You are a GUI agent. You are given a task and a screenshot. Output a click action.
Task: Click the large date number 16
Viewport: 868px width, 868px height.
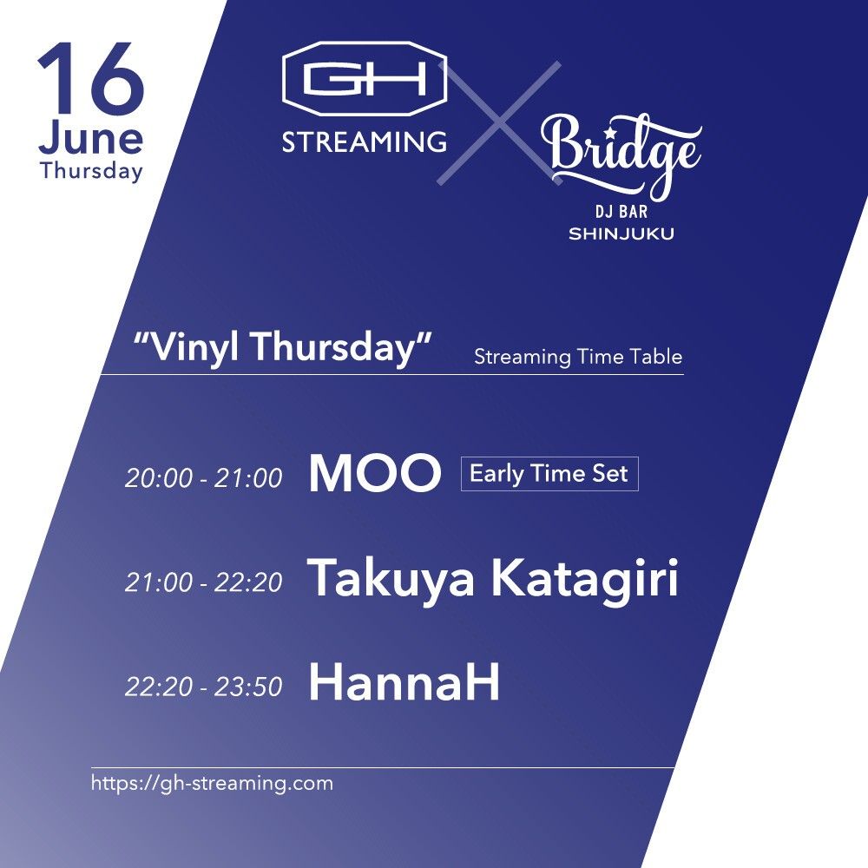[91, 77]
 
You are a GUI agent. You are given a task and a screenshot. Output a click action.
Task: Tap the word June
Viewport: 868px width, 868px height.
[91, 138]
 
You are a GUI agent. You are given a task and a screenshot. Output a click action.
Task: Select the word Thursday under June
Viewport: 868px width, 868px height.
[91, 170]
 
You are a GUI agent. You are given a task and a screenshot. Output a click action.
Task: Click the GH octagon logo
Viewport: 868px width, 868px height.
[365, 79]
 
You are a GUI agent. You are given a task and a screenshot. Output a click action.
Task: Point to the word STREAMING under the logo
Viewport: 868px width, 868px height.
[365, 141]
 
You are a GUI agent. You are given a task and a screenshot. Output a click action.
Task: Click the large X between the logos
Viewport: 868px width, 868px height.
[499, 123]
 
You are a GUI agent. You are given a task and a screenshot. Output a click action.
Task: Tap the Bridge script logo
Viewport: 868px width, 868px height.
[621, 155]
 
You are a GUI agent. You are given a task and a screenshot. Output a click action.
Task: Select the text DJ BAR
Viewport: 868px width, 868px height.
[621, 211]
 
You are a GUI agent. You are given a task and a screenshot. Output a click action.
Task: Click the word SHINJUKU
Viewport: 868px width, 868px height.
[621, 233]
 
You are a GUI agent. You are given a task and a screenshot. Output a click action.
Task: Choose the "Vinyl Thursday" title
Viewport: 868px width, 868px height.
[282, 347]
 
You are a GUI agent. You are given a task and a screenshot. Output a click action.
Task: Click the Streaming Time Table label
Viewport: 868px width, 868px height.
[578, 357]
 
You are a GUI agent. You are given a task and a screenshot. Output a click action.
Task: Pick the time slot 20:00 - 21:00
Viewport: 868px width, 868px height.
[204, 477]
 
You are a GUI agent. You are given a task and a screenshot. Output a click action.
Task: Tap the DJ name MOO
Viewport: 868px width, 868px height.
[375, 473]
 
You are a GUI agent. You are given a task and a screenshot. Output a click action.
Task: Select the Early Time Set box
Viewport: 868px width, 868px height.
[549, 474]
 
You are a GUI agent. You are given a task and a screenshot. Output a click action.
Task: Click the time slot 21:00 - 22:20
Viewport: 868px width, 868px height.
[204, 582]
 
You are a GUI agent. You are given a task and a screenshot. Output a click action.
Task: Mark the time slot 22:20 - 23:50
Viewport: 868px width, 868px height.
[204, 687]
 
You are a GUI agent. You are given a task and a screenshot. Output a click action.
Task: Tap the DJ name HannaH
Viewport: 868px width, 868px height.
[404, 682]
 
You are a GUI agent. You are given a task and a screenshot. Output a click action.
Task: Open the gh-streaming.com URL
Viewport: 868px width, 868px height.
[212, 783]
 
